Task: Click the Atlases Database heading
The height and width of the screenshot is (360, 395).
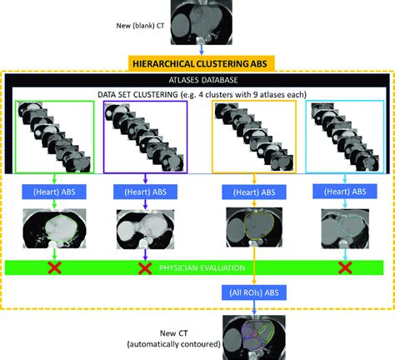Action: pyautogui.click(x=200, y=80)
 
